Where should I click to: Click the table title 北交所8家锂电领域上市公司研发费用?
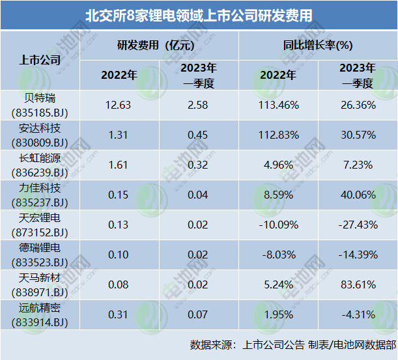coord(199,15)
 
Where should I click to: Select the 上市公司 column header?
coord(40,60)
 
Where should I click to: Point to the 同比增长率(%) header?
coord(318,45)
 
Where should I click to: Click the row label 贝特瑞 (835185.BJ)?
coord(40,105)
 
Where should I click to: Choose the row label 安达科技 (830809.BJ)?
coord(40,135)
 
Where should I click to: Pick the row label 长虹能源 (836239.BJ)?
coord(40,165)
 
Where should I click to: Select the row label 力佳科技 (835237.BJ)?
coord(40,195)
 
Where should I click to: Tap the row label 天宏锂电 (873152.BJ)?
coord(40,225)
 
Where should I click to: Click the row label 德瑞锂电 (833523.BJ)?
coord(40,255)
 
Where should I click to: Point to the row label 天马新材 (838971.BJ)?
coord(40,284)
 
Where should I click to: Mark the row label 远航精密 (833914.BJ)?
coord(40,314)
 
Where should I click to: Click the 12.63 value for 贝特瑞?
coord(119,105)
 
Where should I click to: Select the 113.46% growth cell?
coord(279,105)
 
